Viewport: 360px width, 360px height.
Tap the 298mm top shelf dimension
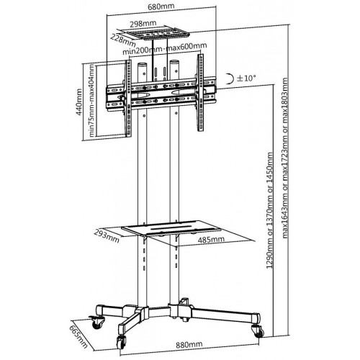click(143, 24)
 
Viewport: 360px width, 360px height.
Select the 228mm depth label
click(122, 40)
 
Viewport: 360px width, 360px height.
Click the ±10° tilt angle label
click(246, 78)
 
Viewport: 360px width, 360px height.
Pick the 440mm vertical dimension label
click(79, 102)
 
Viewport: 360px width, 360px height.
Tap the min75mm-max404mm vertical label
click(91, 101)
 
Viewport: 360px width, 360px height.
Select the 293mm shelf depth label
click(107, 235)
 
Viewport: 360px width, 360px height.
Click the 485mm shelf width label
click(212, 239)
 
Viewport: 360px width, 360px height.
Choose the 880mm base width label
click(189, 345)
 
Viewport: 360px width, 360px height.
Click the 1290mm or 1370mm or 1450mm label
click(270, 210)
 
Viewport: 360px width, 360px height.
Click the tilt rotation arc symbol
click(230, 78)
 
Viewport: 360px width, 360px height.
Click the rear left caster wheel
click(98, 323)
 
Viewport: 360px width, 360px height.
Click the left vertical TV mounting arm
click(128, 99)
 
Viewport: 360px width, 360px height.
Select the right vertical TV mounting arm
click(200, 93)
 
